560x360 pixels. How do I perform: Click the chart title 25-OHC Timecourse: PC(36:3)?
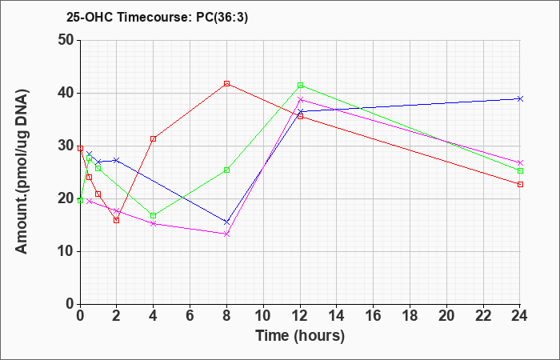pyautogui.click(x=157, y=17)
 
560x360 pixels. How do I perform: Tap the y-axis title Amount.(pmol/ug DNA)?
pyautogui.click(x=22, y=171)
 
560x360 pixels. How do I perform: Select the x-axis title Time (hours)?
pyautogui.click(x=300, y=336)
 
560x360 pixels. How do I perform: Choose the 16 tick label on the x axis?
pyautogui.click(x=374, y=316)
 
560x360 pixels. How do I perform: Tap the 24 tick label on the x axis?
pyautogui.click(x=520, y=316)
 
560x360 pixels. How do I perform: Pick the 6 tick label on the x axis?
pyautogui.click(x=190, y=316)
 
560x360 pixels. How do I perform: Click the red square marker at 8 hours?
pyautogui.click(x=226, y=83)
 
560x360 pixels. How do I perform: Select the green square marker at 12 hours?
pyautogui.click(x=300, y=86)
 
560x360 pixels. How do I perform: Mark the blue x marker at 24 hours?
pyautogui.click(x=520, y=98)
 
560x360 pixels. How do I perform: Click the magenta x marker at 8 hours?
pyautogui.click(x=226, y=234)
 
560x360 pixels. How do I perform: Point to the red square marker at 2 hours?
pyautogui.click(x=117, y=220)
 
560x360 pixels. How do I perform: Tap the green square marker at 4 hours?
pyautogui.click(x=154, y=216)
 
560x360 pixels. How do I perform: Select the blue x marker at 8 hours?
pyautogui.click(x=226, y=222)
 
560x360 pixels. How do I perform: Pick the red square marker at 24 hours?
pyautogui.click(x=520, y=184)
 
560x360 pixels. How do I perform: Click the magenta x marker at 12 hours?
pyautogui.click(x=300, y=100)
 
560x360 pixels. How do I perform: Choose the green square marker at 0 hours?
pyautogui.click(x=80, y=200)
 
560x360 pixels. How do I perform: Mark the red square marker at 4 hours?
pyautogui.click(x=154, y=139)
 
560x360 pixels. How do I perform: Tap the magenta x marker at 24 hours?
pyautogui.click(x=520, y=162)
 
